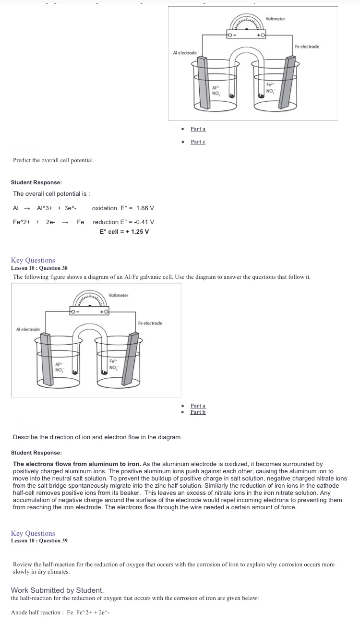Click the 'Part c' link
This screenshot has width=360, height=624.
[198, 142]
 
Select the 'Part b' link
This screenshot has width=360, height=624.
[198, 412]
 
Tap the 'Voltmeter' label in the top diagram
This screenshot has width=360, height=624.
[275, 19]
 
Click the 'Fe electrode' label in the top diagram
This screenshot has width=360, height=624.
[307, 47]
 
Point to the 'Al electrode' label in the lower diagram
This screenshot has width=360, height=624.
[28, 329]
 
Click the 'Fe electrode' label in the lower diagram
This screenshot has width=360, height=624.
[150, 323]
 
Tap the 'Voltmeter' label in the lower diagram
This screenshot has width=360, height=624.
[119, 295]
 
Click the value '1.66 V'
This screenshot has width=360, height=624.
[145, 208]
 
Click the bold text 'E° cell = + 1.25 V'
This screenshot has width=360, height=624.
[124, 231]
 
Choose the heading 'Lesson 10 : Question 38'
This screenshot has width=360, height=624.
[39, 268]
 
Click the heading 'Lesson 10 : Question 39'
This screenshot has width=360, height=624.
[39, 540]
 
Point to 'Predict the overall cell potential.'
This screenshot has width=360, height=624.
[53, 160]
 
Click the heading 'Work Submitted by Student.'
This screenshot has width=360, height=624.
[57, 590]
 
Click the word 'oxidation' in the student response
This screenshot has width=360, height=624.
[104, 208]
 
